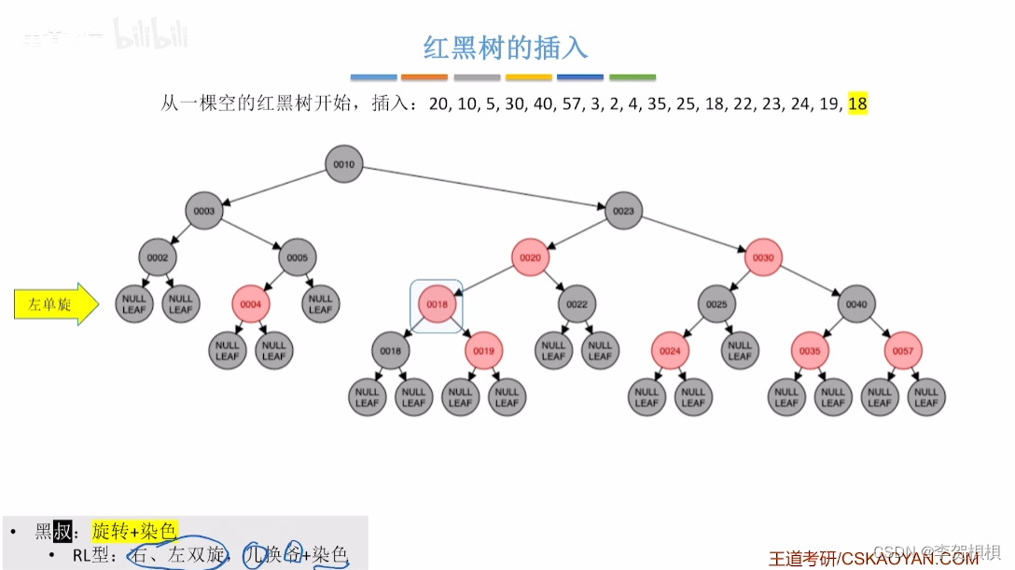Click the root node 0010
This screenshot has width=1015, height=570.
tap(344, 164)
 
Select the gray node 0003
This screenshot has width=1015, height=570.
tap(204, 211)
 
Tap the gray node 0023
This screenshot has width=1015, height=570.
tap(623, 211)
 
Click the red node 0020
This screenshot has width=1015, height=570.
tap(530, 257)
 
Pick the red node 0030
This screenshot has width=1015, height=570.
tap(763, 257)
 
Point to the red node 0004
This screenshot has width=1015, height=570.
tap(251, 304)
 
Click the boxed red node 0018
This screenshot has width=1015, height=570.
tap(437, 304)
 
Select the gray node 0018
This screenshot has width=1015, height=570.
tap(390, 351)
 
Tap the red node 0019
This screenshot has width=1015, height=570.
tap(483, 351)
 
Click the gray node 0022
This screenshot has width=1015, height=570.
tap(577, 304)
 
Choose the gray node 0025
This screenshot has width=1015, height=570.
tap(716, 304)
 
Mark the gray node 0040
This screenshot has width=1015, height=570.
tap(856, 304)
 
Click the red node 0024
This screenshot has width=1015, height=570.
tap(670, 351)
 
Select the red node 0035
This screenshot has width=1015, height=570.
tap(810, 351)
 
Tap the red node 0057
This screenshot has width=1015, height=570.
tap(903, 351)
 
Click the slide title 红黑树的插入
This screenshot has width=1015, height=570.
tap(507, 47)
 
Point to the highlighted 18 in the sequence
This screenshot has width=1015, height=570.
tap(857, 104)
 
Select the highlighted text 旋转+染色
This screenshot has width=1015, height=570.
tap(134, 532)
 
